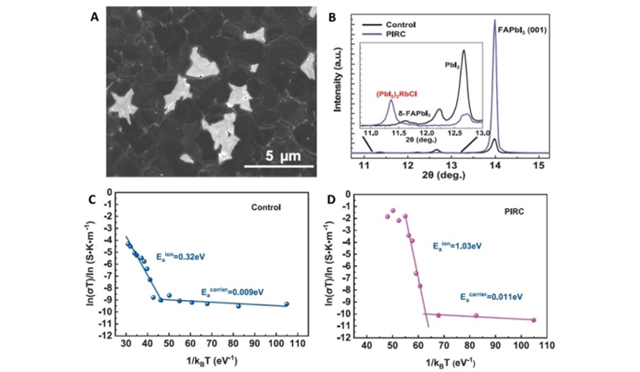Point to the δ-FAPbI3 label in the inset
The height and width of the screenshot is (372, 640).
(417, 114)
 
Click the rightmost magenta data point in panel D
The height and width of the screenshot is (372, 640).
(533, 320)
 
